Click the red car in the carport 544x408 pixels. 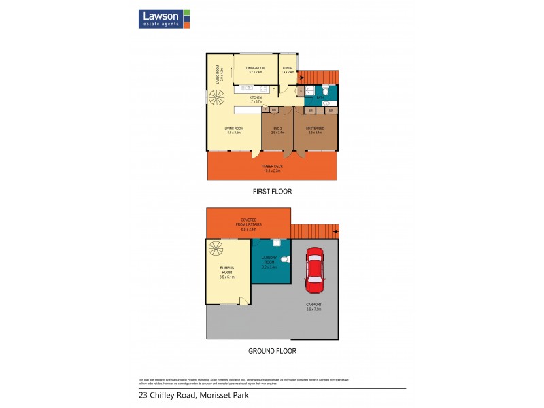tap(313, 269)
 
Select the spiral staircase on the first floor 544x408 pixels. tap(217, 101)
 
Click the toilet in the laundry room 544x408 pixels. tap(287, 259)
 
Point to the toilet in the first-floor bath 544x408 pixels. tap(326, 91)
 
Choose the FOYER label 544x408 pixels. tap(288, 69)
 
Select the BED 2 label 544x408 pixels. tap(277, 130)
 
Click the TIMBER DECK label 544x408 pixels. tap(272, 167)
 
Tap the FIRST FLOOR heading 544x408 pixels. tap(272, 192)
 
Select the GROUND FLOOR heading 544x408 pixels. tap(272, 352)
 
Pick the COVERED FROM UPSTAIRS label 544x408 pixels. tap(248, 222)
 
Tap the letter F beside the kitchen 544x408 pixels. tap(273, 90)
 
